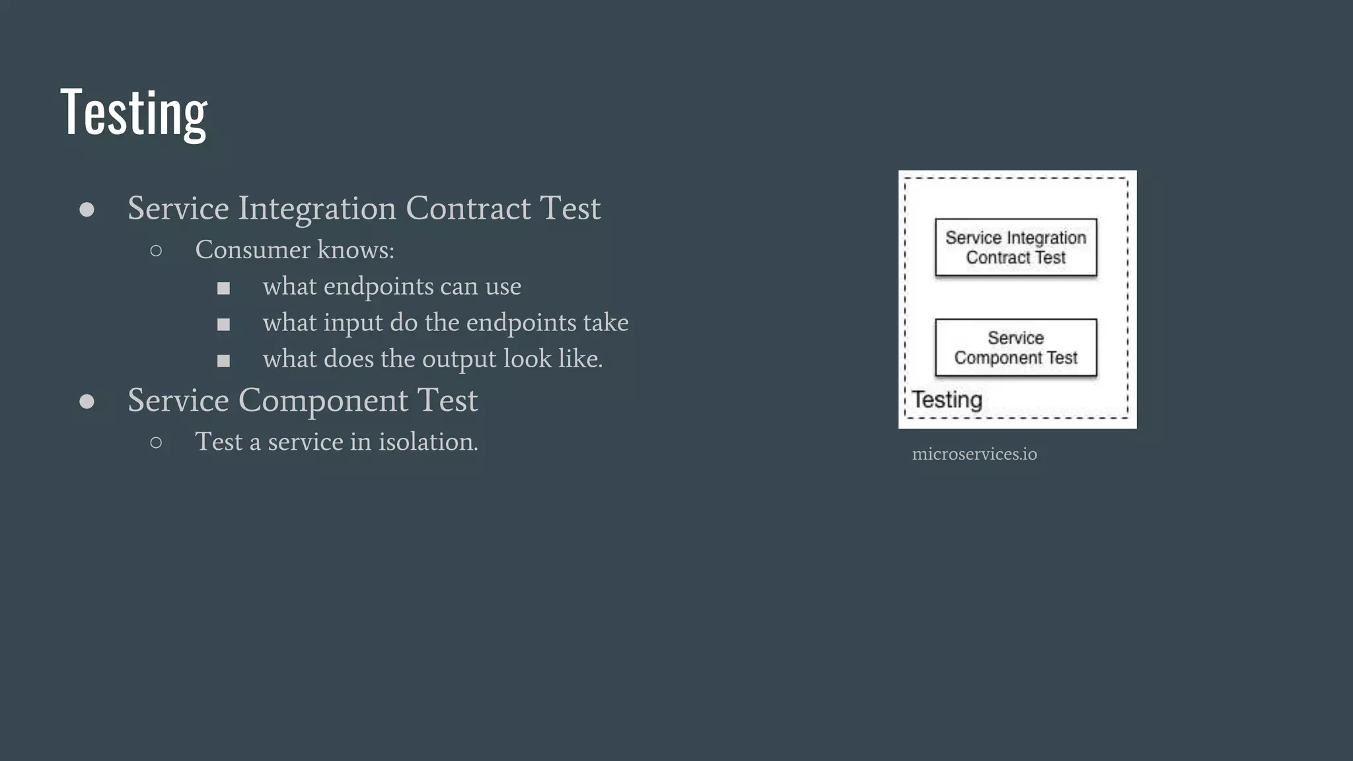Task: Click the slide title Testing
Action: click(x=133, y=113)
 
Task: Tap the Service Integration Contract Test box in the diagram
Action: click(x=1015, y=248)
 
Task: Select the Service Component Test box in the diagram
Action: click(x=1015, y=348)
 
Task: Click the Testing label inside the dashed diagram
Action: click(x=947, y=400)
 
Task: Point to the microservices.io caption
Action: click(x=974, y=454)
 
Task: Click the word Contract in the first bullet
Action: click(x=468, y=209)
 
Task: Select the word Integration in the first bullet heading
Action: click(x=317, y=209)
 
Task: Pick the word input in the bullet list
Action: click(x=353, y=324)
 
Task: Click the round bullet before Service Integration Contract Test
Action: click(x=87, y=210)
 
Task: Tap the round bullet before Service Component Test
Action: click(x=87, y=402)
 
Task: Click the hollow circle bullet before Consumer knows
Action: click(x=156, y=250)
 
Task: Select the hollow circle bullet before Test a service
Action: click(x=156, y=443)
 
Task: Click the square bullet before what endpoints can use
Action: click(x=223, y=288)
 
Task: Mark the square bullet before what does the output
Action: click(x=223, y=361)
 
